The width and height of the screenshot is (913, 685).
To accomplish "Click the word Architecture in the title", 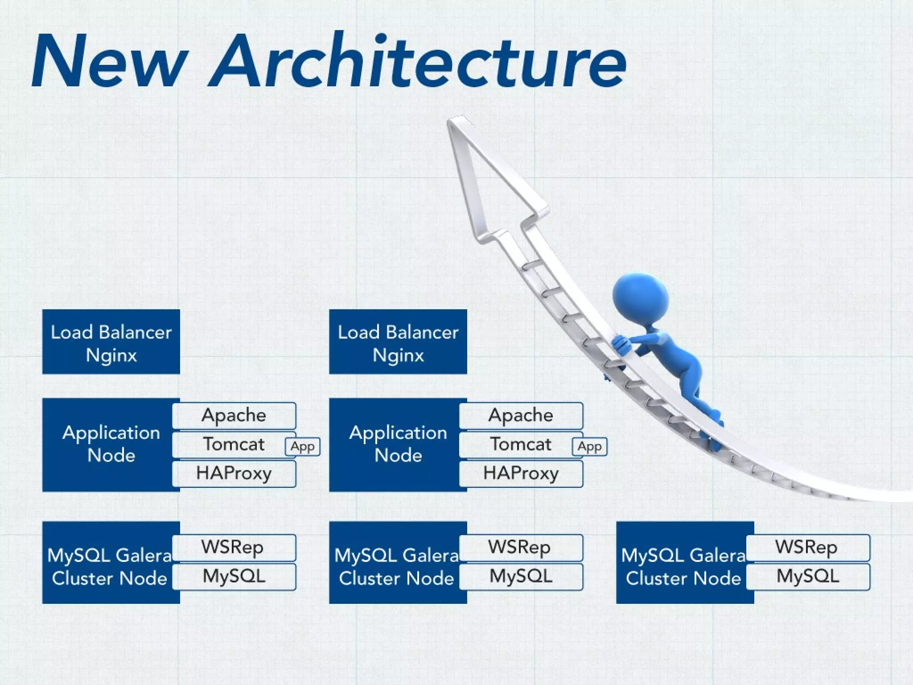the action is pyautogui.click(x=419, y=60).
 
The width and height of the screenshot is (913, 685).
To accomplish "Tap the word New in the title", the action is pyautogui.click(x=109, y=60).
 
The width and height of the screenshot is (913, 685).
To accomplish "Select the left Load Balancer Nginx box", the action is pyautogui.click(x=111, y=342).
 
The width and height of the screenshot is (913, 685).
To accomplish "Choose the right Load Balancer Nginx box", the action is pyautogui.click(x=398, y=342).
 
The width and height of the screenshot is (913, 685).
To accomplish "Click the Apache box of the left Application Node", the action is pyautogui.click(x=234, y=415).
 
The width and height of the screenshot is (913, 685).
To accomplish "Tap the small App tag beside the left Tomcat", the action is pyautogui.click(x=303, y=446).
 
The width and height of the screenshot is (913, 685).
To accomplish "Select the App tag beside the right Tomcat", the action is pyautogui.click(x=589, y=446).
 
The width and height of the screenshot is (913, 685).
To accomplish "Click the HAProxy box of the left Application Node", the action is pyautogui.click(x=234, y=474).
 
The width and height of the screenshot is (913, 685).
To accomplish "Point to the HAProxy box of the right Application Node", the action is pyautogui.click(x=521, y=474).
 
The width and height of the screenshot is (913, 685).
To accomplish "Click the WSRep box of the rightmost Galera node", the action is pyautogui.click(x=807, y=547).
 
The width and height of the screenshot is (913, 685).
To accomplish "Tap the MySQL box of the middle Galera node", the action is pyautogui.click(x=521, y=577).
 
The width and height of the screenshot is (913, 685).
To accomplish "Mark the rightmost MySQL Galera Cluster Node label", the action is pyautogui.click(x=683, y=567).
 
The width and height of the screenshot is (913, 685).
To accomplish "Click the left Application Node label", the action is pyautogui.click(x=111, y=444).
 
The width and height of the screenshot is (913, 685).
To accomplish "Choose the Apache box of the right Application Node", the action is pyautogui.click(x=521, y=415).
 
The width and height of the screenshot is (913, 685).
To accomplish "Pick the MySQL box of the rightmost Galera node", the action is pyautogui.click(x=807, y=577).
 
